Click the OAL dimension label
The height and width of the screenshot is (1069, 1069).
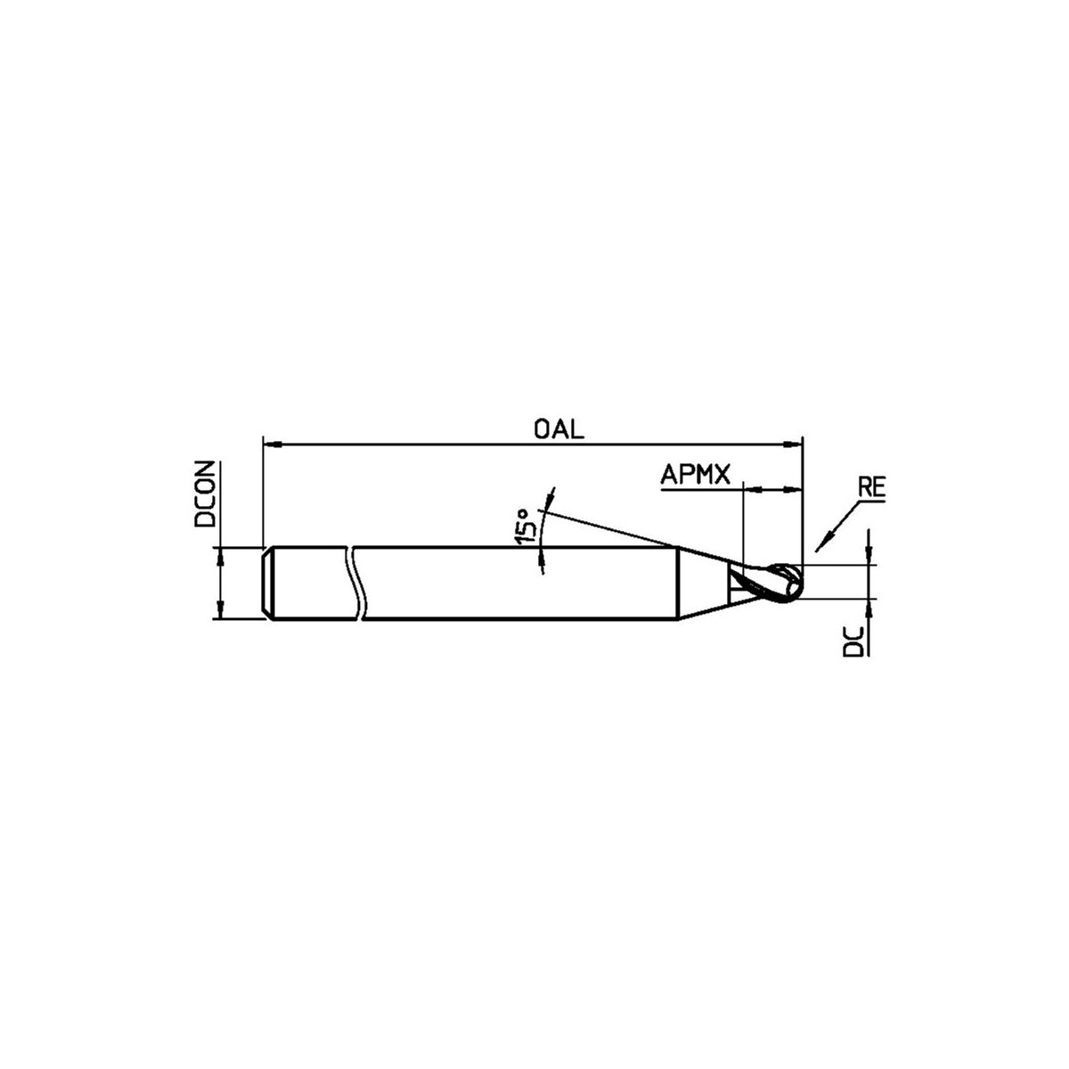(559, 428)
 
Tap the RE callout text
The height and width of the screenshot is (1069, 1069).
(871, 487)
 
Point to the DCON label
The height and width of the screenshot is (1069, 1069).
(204, 494)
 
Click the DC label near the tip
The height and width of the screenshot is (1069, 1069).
(853, 642)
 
